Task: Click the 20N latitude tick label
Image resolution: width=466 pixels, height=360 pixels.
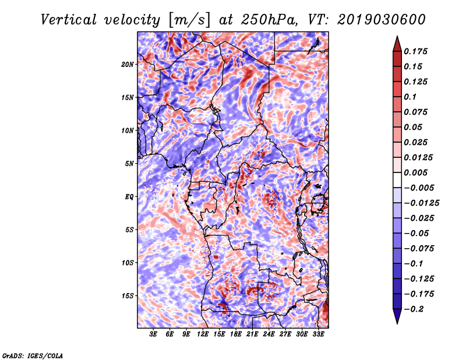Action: tap(127, 65)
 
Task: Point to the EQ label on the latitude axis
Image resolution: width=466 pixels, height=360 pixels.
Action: tap(129, 197)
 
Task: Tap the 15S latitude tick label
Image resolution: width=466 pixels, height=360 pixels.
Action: tap(127, 296)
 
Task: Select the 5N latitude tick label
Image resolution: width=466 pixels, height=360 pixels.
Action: tap(129, 164)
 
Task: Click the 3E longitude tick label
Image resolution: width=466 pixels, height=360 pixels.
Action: tap(153, 334)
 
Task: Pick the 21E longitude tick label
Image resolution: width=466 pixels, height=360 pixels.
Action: tap(252, 334)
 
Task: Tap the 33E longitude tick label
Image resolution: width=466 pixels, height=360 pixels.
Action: tap(318, 334)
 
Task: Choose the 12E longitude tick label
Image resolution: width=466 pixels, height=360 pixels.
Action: tap(203, 334)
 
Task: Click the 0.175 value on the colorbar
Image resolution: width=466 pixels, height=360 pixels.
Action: tap(415, 51)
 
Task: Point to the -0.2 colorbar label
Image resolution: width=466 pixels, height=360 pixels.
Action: tap(414, 309)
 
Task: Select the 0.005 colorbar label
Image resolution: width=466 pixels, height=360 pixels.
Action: tap(415, 172)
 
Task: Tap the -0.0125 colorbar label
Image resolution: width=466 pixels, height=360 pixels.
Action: tap(421, 203)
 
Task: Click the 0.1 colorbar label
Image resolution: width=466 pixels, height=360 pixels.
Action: tap(410, 97)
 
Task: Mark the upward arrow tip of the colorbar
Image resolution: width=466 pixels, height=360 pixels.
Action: tap(397, 36)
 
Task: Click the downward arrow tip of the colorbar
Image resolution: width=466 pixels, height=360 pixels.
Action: tap(397, 323)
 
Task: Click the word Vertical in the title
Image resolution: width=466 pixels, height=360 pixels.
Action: tap(69, 20)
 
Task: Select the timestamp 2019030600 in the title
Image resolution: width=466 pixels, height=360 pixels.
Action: tap(382, 20)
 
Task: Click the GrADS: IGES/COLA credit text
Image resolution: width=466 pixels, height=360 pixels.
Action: tap(33, 356)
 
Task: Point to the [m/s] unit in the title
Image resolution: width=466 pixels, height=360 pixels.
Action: tap(189, 20)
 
